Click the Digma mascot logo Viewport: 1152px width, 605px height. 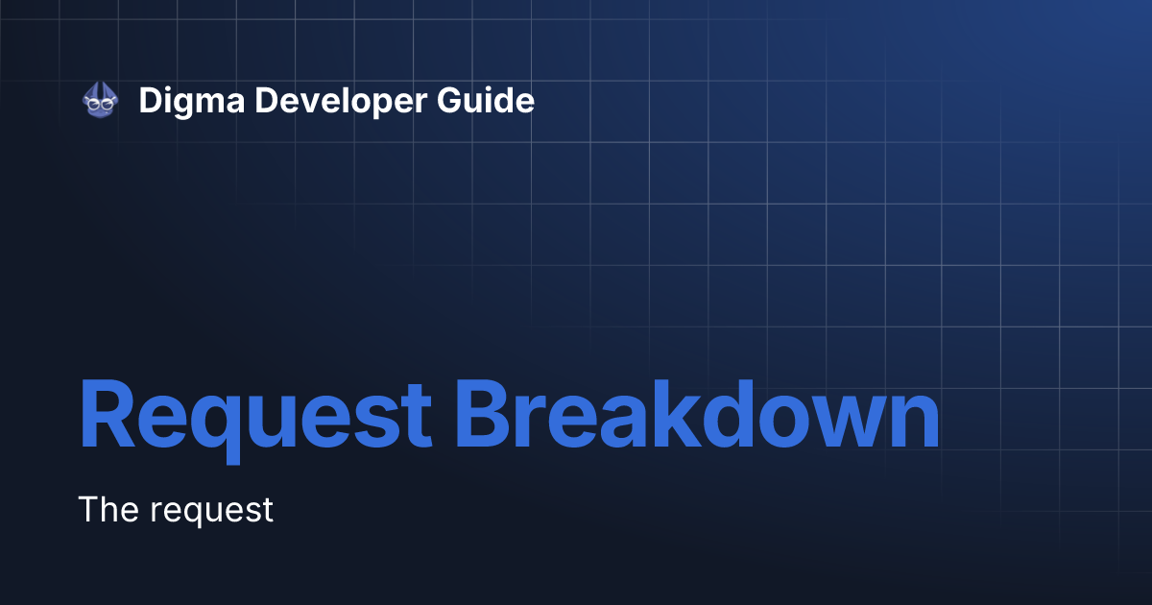coord(100,100)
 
